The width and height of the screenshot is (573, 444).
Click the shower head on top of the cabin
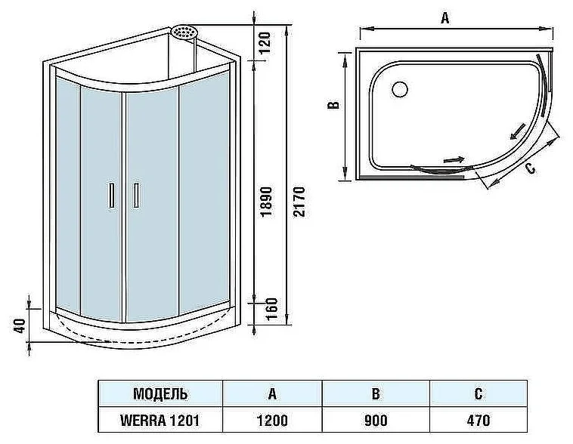pos(184,32)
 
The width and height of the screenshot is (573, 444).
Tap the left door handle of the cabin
pos(112,196)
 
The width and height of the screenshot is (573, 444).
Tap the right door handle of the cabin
pos(136,196)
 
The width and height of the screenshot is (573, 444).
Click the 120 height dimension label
pos(265,42)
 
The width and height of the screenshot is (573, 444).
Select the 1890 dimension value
pos(266,201)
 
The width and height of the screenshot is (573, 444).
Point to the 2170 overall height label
pos(299,202)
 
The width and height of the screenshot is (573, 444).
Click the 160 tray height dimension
pos(271,310)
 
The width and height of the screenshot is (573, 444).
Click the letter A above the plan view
pos(444,17)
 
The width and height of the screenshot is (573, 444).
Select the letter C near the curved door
pos(530,168)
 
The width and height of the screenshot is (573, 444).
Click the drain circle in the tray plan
pos(400,89)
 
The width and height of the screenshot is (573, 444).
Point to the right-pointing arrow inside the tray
pos(454,159)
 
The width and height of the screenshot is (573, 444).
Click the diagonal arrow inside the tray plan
pos(518,132)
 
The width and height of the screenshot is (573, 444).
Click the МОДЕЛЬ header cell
pos(160,394)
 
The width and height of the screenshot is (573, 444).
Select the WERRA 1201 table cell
pos(160,421)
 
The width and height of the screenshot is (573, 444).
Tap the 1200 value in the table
pos(272,421)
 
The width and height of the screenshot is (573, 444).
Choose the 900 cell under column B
pos(376,421)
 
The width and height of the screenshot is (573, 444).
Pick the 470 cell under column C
pos(479,421)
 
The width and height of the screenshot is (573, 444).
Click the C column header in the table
pos(479,394)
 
